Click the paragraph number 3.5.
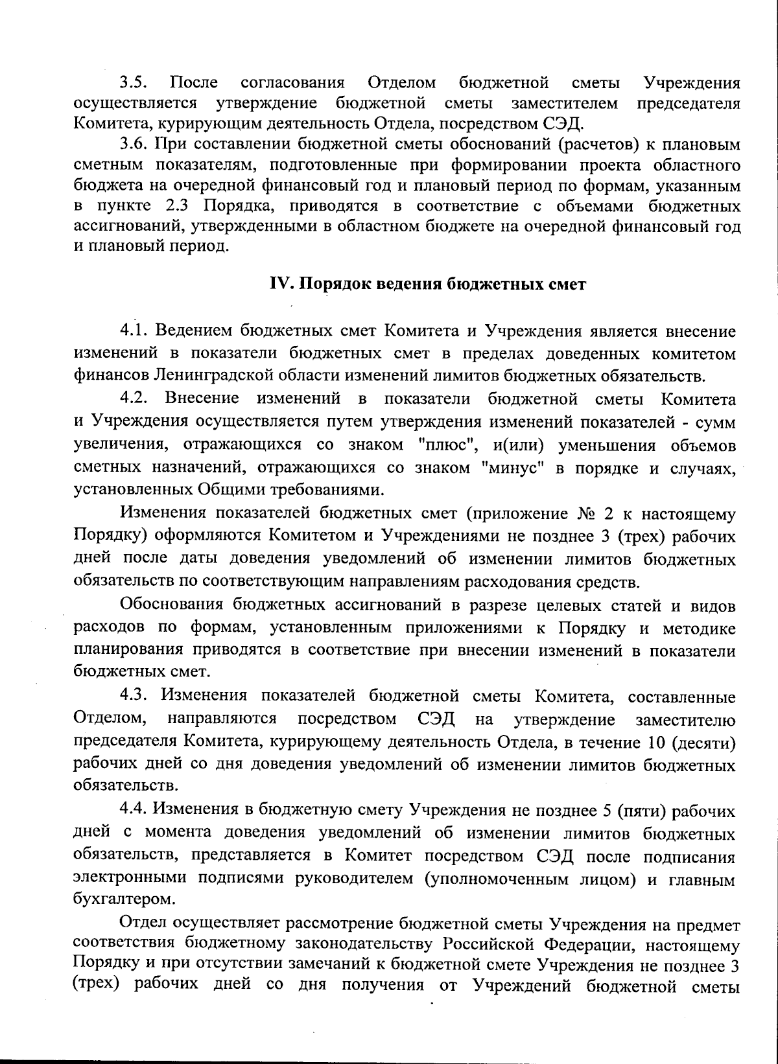click(134, 83)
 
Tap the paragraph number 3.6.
click(134, 145)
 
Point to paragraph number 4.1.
click(135, 331)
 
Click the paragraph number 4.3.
click(135, 697)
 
